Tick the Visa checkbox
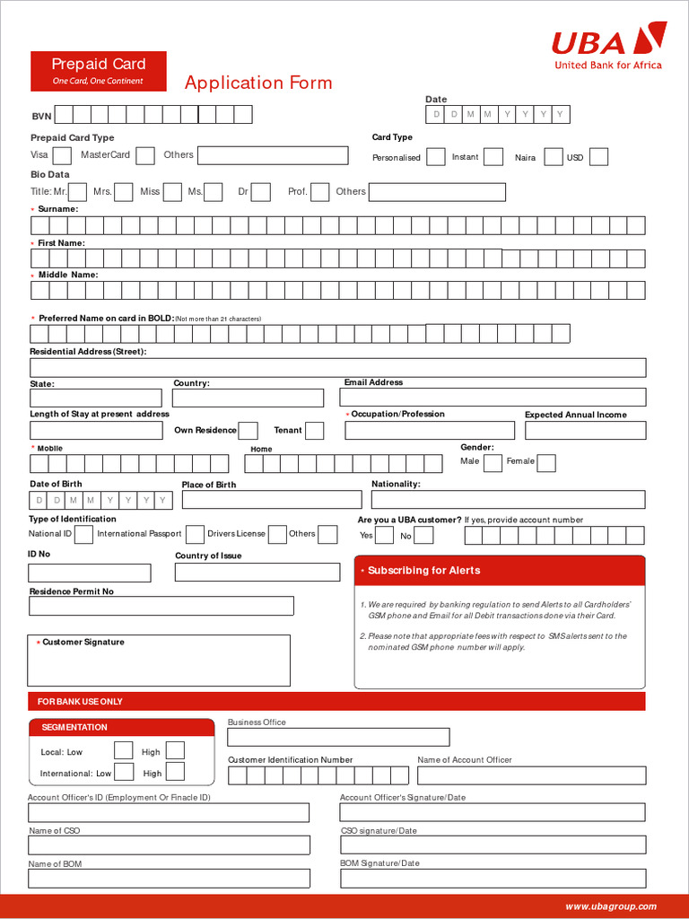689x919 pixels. (x=62, y=155)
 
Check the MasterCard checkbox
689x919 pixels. (x=145, y=155)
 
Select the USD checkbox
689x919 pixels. (x=598, y=157)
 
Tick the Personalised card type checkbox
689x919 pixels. (x=435, y=157)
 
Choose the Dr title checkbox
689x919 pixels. (x=261, y=191)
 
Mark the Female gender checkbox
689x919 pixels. (x=545, y=462)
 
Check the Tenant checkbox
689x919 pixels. (x=314, y=431)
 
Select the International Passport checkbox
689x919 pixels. (x=195, y=534)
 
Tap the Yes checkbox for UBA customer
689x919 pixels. (x=384, y=536)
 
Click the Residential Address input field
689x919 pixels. (x=337, y=367)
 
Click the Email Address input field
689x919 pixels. (x=494, y=397)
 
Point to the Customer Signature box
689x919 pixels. (x=160, y=661)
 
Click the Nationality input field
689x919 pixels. (x=508, y=499)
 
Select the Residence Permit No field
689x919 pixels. (x=161, y=606)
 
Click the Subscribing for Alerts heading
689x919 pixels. (x=423, y=571)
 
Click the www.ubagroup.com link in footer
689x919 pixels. (x=610, y=906)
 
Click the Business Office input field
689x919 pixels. (x=338, y=737)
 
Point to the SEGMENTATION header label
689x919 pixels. (x=74, y=727)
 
